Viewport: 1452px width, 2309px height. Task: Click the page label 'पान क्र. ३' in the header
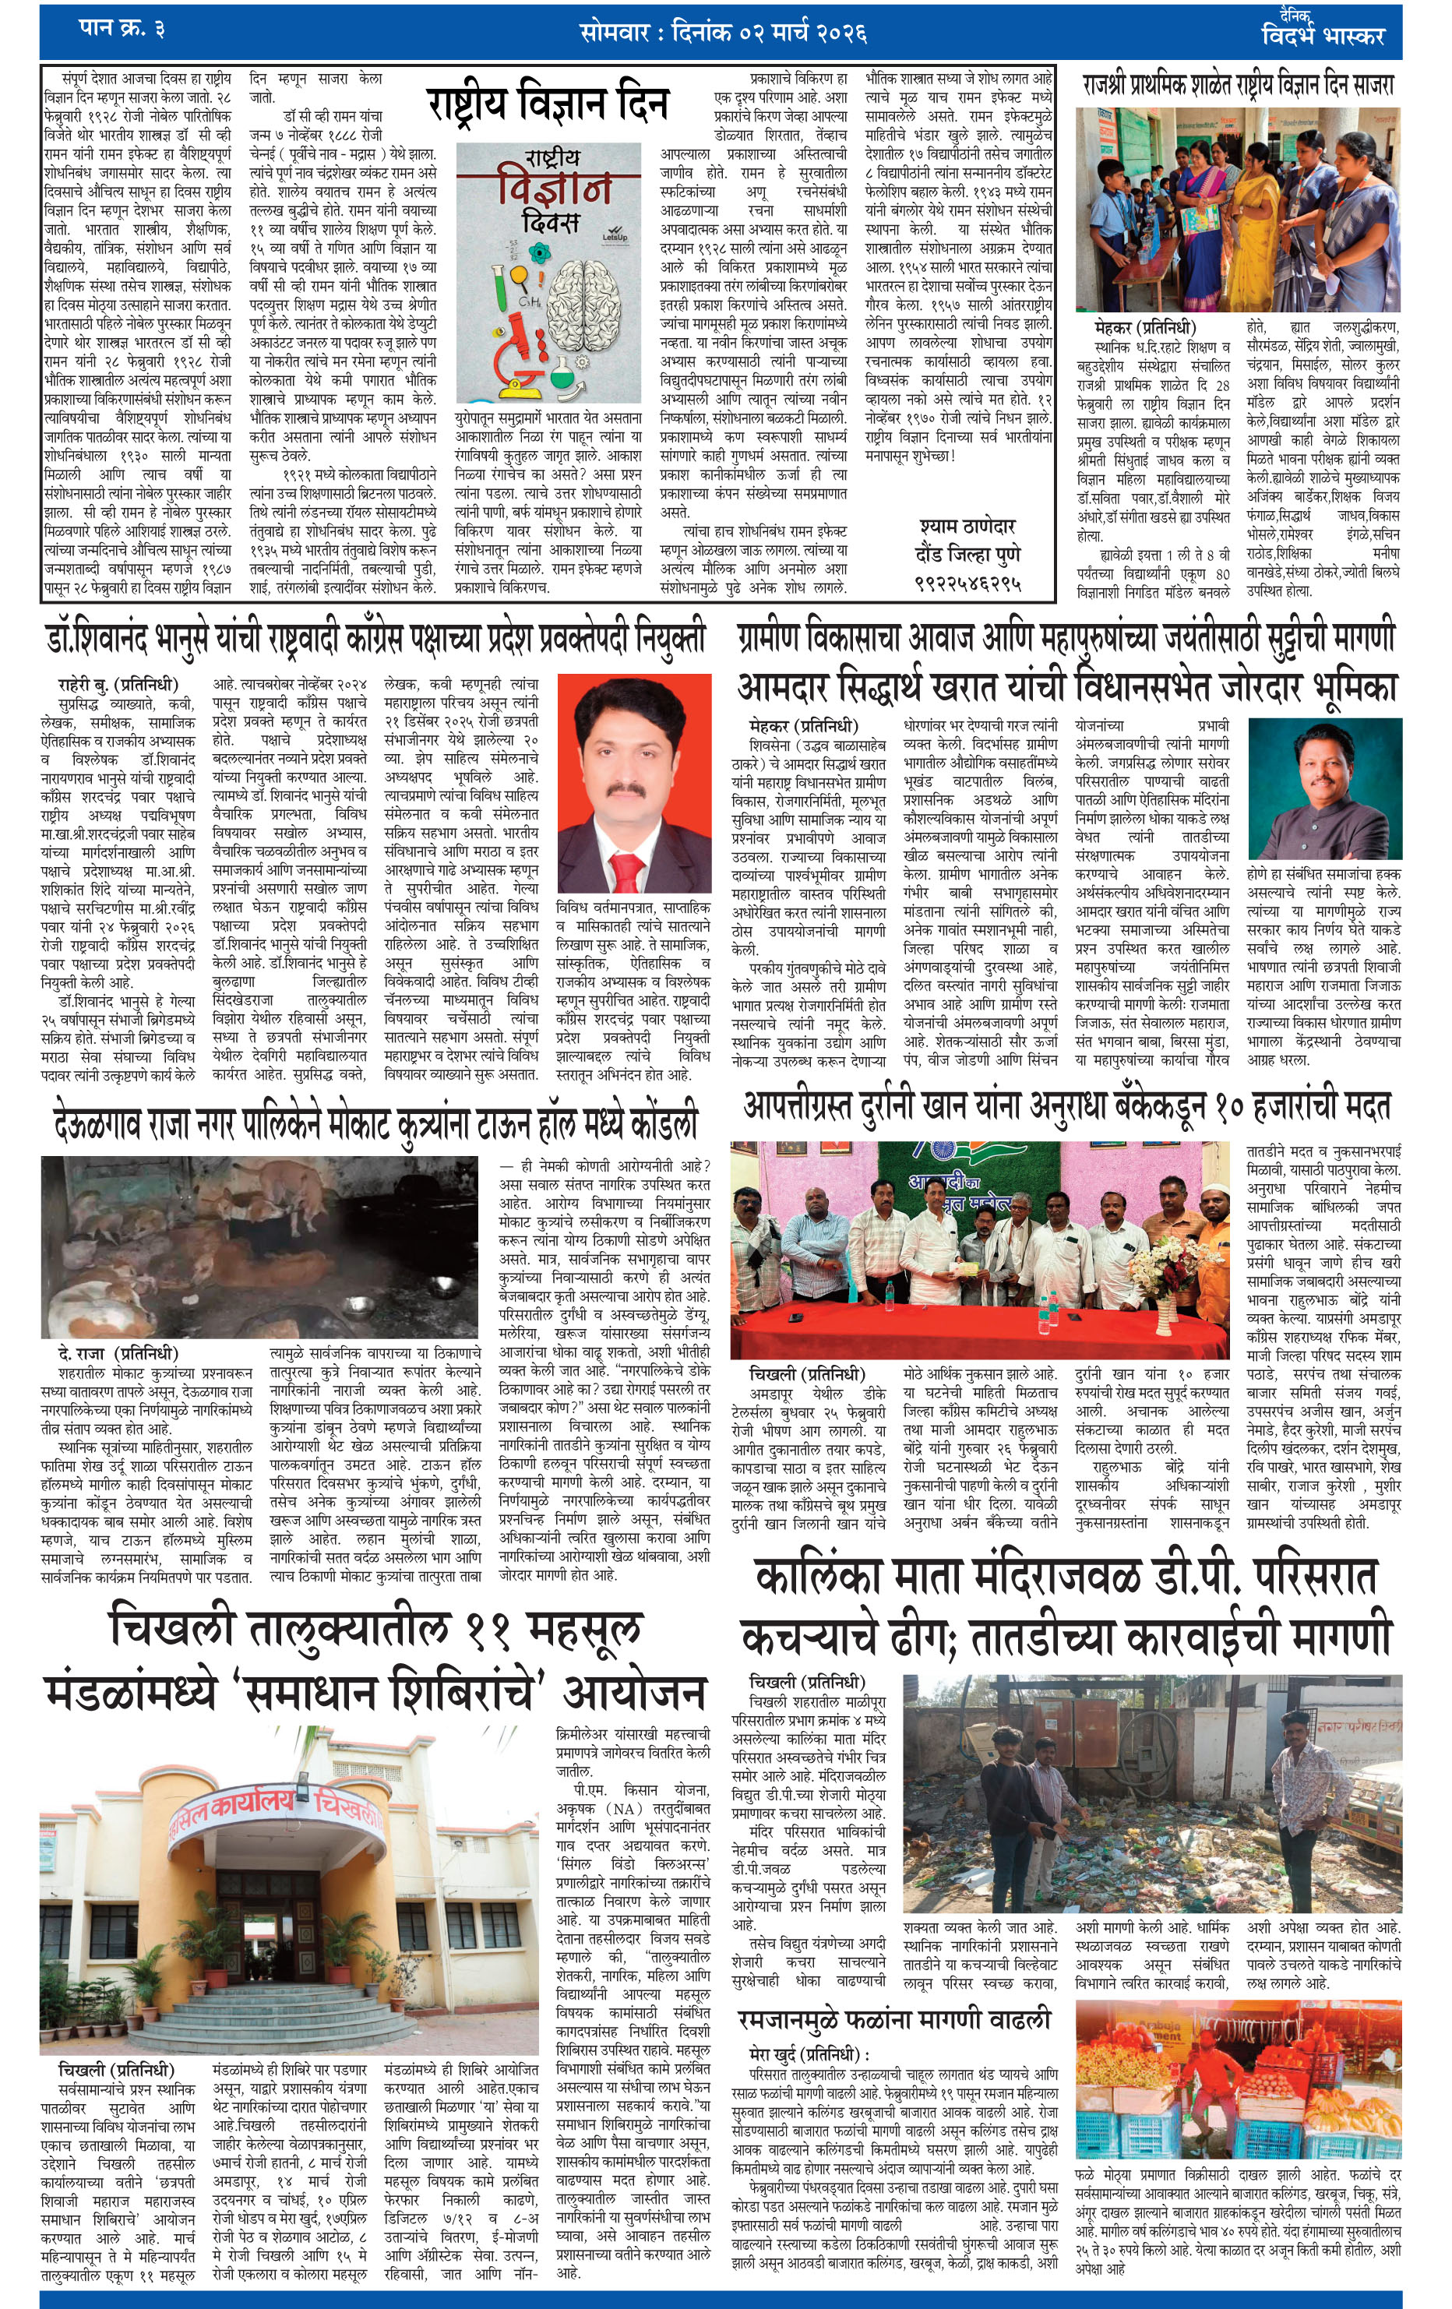[x=121, y=29]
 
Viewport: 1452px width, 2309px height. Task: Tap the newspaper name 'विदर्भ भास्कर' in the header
[x=1323, y=37]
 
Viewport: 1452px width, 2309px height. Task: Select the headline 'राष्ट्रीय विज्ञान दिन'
[x=548, y=104]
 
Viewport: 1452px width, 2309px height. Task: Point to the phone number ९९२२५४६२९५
[x=967, y=583]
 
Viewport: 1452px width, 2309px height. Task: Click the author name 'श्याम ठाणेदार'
[x=966, y=527]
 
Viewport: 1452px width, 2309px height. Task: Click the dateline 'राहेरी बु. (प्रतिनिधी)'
[x=118, y=684]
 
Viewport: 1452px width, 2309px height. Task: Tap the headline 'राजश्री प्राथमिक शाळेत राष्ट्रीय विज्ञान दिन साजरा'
[x=1237, y=86]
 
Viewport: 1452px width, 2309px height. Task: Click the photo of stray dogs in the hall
[x=259, y=1246]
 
